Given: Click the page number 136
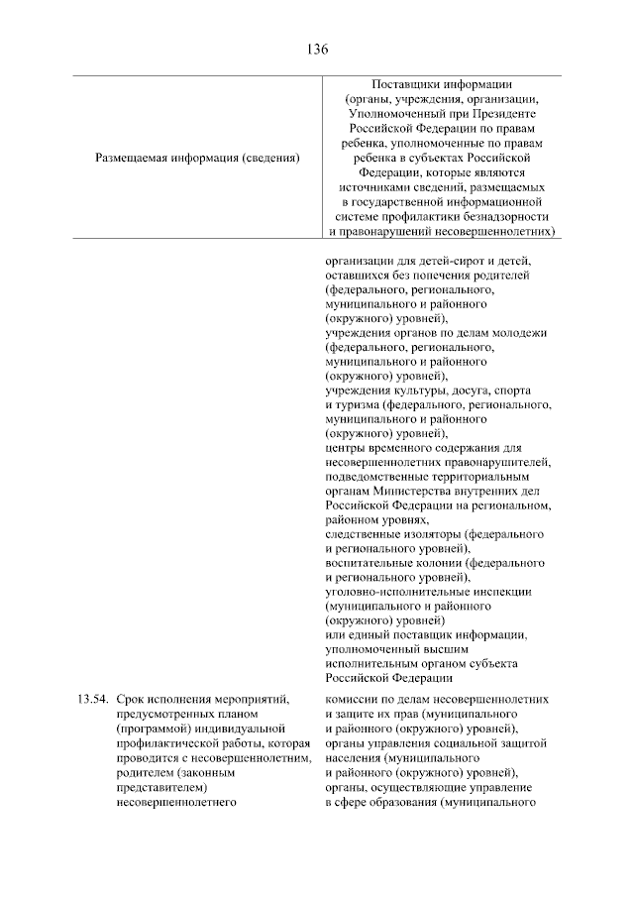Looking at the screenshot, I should click(317, 49).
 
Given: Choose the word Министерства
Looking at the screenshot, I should click(413, 492).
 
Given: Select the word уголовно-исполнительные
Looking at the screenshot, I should click(396, 593).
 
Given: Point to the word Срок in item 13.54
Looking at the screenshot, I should click(130, 700).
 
